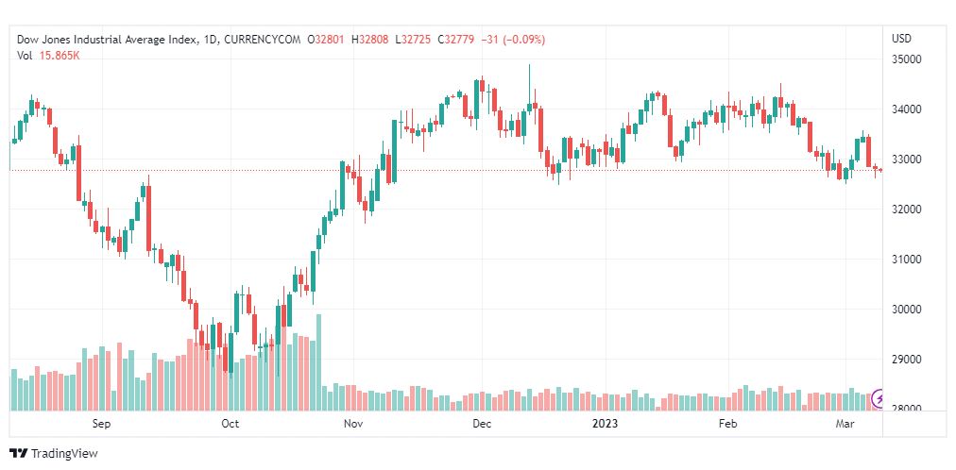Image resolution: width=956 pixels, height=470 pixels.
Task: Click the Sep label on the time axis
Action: [x=102, y=425]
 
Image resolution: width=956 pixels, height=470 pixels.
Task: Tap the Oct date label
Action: [x=230, y=425]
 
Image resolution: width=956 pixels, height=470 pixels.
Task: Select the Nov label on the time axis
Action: [x=354, y=425]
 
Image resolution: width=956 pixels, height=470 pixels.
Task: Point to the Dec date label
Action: [x=482, y=425]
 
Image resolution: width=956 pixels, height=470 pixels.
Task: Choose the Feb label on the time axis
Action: [x=727, y=425]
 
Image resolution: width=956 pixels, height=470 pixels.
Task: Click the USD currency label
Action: [x=901, y=39]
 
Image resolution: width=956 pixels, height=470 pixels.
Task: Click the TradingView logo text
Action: [x=64, y=454]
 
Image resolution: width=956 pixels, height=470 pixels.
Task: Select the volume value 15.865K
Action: [x=59, y=56]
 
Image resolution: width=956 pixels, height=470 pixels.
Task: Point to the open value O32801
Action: [x=327, y=40]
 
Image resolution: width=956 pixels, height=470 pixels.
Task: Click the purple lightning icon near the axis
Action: [x=879, y=398]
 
